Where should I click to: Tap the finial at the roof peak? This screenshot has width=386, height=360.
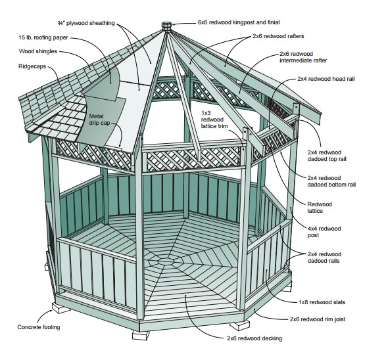click(166, 27)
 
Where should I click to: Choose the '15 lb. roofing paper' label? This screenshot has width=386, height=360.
click(39, 37)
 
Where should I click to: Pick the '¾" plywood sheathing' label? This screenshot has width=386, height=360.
click(82, 23)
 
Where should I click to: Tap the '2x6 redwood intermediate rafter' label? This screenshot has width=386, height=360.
click(303, 57)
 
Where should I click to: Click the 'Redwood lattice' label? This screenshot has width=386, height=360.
click(322, 208)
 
